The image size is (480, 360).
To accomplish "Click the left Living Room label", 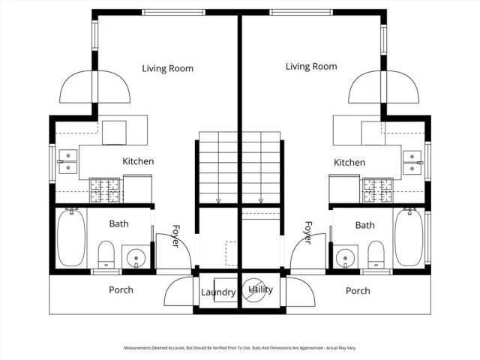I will (x=167, y=68).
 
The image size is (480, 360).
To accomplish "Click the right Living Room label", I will (x=311, y=67).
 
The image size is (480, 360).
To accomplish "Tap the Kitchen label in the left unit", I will (x=138, y=161).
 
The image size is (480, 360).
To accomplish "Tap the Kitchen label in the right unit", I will (x=349, y=163).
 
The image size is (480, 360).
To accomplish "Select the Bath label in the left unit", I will (x=118, y=223).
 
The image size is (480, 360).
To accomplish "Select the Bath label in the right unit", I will (x=365, y=225).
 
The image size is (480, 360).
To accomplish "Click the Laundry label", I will (x=218, y=292).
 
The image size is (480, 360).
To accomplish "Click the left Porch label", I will (x=121, y=290).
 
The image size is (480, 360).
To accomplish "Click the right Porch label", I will (x=358, y=291).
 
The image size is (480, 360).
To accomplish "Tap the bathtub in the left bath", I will (x=70, y=238).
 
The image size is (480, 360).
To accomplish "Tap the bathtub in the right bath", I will (x=409, y=238).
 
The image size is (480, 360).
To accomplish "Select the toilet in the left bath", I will (x=106, y=253).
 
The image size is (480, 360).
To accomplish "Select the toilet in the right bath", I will (x=375, y=253).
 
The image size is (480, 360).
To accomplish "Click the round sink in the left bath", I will (x=135, y=256).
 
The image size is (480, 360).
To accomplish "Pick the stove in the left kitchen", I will (x=105, y=190).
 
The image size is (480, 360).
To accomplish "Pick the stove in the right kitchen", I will (x=377, y=190).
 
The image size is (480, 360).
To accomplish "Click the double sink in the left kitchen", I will (x=67, y=162).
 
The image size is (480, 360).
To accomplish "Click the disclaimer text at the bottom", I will (x=240, y=348).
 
